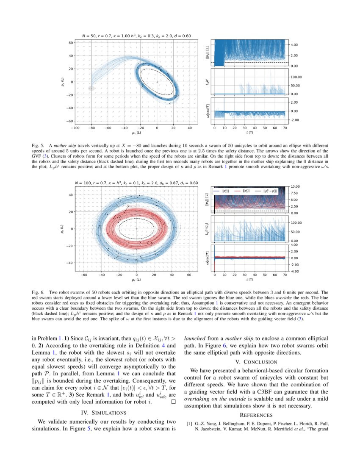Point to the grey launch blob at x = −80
[91, 88]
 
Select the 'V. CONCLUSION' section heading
[257, 362]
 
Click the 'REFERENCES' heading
[257, 415]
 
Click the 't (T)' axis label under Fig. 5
[249, 133]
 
